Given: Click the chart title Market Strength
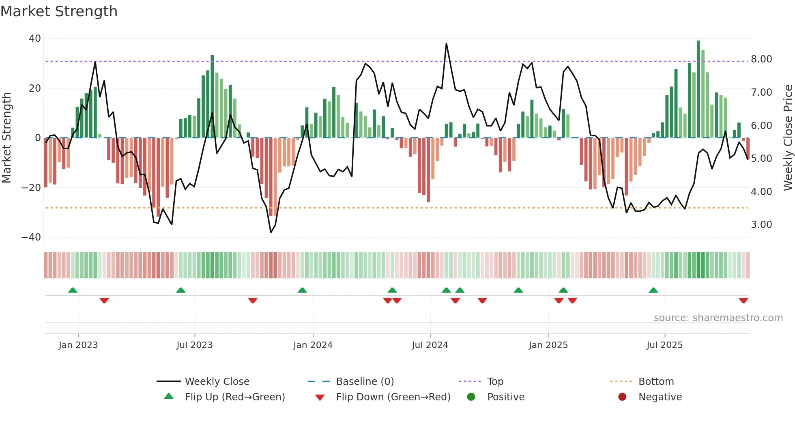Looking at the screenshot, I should coord(59,11).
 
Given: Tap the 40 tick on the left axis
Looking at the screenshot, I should coord(35,39).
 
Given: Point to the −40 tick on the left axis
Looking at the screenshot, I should coord(31,237).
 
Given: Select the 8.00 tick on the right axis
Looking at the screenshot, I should coord(761,59).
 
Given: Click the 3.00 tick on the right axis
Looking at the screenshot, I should coord(761,225).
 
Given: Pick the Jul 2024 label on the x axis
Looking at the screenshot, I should coord(430,345).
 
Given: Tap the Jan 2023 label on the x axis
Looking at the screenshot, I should coord(78,345).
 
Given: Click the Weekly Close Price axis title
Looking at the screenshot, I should coord(788,138).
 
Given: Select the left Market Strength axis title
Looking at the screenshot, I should coord(6,138).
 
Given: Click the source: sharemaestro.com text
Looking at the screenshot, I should coord(718,318).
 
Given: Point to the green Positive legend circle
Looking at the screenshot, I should coord(471,397).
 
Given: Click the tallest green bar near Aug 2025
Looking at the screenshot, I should coord(698,89).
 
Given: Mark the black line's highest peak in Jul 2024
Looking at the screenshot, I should coord(446,44).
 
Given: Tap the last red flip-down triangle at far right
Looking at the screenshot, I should coord(743,301).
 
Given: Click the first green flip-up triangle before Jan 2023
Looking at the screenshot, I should coord(73,290).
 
